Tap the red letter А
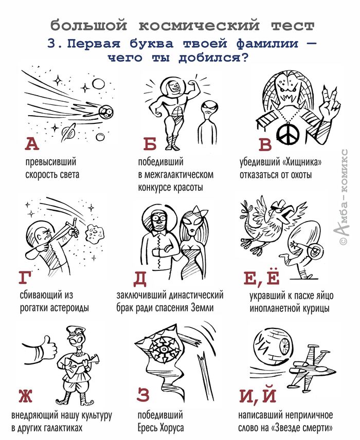tap(32, 144)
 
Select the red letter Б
tap(150, 144)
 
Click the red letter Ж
tap(25, 395)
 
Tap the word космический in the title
tap(199, 26)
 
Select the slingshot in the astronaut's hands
tap(65, 230)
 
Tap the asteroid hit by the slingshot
tap(94, 232)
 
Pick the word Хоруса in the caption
tap(172, 428)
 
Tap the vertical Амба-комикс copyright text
tap(343, 197)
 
